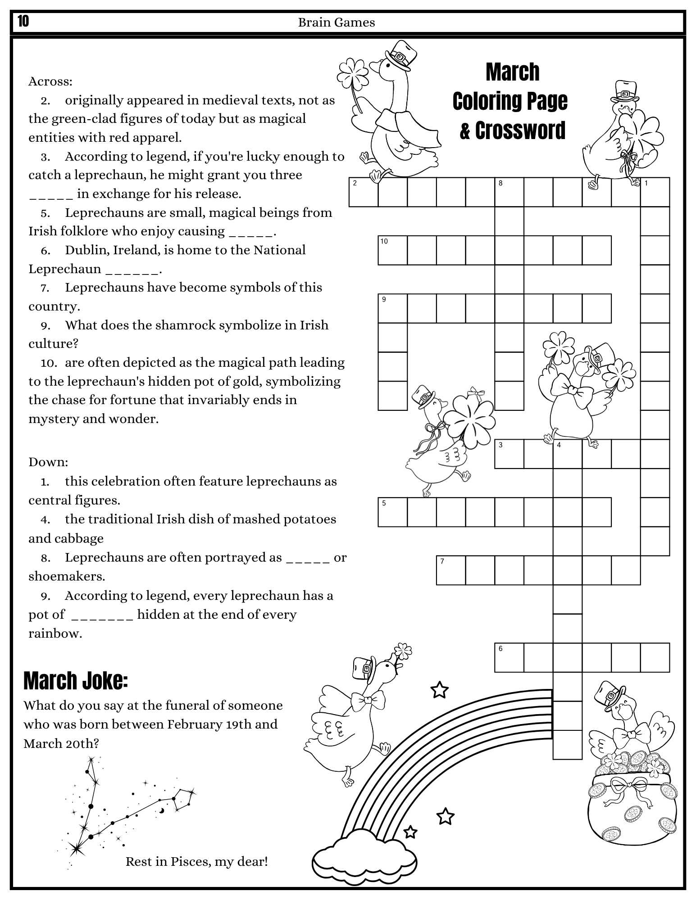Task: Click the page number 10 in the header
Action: click(23, 21)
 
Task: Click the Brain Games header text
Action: click(336, 22)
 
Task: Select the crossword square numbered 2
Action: click(364, 192)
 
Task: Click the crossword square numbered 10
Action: click(392, 250)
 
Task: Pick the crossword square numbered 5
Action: click(392, 512)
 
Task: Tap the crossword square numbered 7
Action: click(451, 570)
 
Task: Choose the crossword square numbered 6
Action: click(509, 657)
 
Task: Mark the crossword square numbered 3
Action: click(509, 454)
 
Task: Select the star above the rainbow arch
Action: click(439, 689)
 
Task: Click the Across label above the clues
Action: click(50, 81)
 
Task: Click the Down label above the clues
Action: click(48, 462)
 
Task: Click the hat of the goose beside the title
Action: click(400, 56)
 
